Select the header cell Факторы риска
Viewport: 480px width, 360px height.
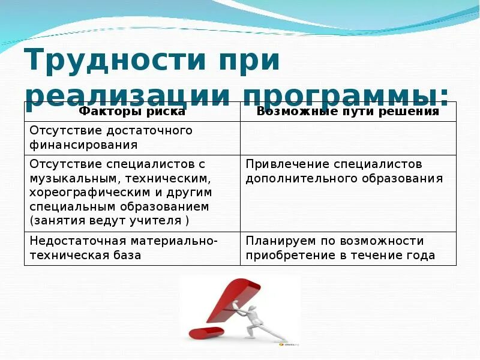pos(132,111)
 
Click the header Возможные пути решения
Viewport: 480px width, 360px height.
pos(348,111)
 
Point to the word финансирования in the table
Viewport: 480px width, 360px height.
pos(83,145)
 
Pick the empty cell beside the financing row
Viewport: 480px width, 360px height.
pos(348,138)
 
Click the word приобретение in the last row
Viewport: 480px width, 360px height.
pos(286,255)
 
